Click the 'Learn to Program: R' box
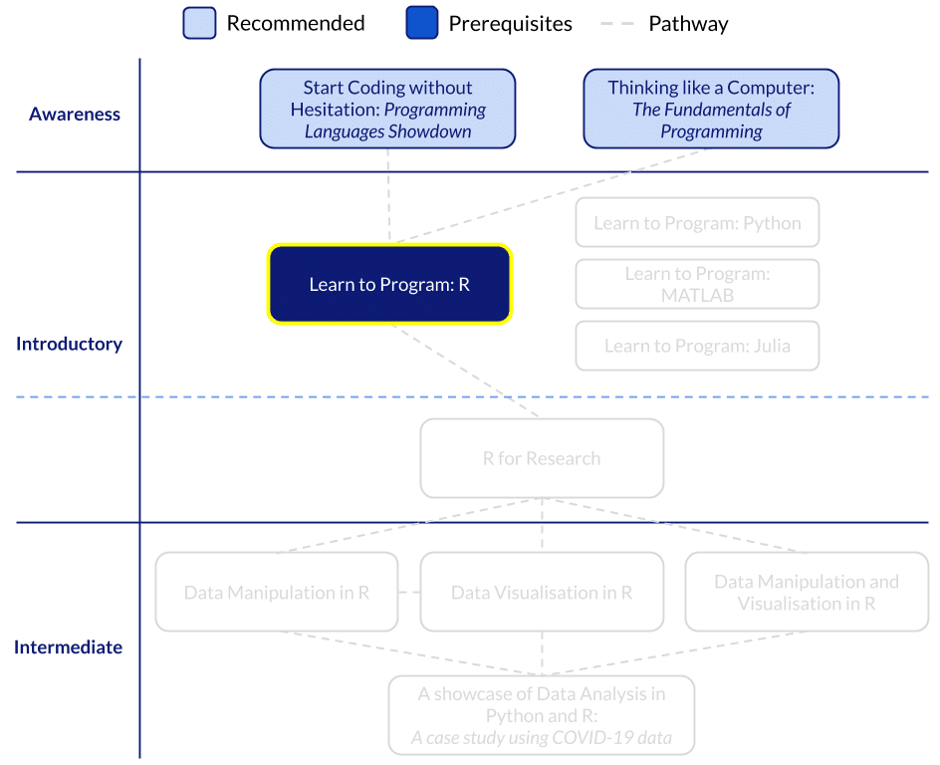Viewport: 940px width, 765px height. pyautogui.click(x=389, y=284)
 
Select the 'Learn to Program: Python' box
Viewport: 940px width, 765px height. pyautogui.click(x=697, y=223)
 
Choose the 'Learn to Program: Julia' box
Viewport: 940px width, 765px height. pyautogui.click(x=697, y=346)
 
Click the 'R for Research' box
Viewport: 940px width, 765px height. pyautogui.click(x=542, y=458)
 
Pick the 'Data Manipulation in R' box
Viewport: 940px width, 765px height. pyautogui.click(x=277, y=592)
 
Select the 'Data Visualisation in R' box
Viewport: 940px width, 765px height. pyautogui.click(x=542, y=592)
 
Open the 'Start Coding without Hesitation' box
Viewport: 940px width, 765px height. pyautogui.click(x=388, y=109)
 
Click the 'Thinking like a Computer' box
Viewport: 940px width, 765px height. pyautogui.click(x=711, y=109)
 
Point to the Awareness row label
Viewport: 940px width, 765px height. pyautogui.click(x=75, y=114)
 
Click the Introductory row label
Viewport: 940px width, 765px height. pyautogui.click(x=70, y=344)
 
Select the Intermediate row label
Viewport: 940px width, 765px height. pyautogui.click(x=69, y=647)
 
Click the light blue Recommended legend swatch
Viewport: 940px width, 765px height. pyautogui.click(x=199, y=23)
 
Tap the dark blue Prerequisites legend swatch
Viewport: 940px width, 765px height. pyautogui.click(x=422, y=23)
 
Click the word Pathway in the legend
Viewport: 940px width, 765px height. pyautogui.click(x=688, y=23)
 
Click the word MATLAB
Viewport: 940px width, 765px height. pyautogui.click(x=697, y=295)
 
